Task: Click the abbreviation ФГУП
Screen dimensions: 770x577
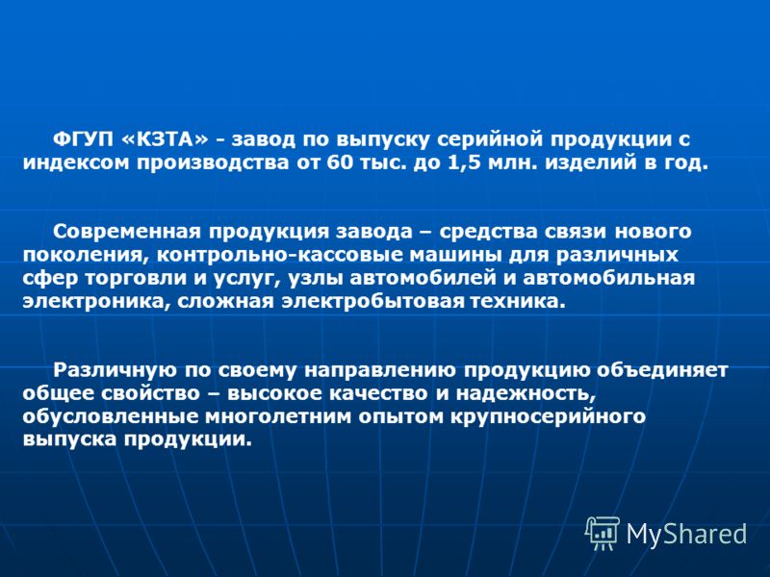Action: pos(82,139)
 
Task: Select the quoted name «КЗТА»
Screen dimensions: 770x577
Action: pos(165,139)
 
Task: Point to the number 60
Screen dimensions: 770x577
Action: pos(340,163)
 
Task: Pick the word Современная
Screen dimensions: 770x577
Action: pos(127,232)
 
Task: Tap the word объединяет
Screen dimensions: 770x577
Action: pos(661,370)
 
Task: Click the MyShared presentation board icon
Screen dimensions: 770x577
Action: pos(602,533)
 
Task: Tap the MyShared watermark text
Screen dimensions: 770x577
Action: pos(686,534)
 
